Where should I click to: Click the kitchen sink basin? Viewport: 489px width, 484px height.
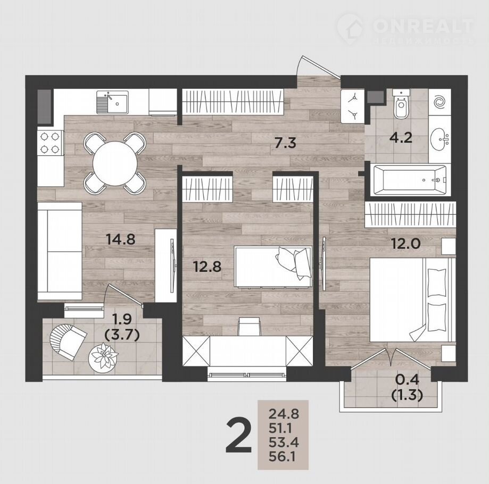coord(117,103)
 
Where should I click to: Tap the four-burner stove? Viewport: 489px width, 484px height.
coord(50,143)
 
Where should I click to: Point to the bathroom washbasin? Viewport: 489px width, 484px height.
coord(440,138)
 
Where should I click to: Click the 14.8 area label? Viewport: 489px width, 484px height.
coord(120,239)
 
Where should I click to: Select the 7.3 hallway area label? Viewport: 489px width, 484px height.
coord(285,143)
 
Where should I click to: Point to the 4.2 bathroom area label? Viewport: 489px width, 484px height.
coord(401,137)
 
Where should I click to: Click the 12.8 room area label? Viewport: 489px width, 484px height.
coord(207,266)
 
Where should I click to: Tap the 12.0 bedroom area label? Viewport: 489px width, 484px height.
coord(406,244)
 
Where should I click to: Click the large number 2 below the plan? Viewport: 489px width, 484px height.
coord(238,436)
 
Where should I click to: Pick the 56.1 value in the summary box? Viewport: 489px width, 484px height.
coord(282,457)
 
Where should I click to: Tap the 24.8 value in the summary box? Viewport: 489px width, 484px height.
coord(284,414)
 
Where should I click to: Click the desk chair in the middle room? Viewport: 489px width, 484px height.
coord(249,327)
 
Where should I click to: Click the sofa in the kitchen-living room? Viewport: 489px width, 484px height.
coord(60,252)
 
